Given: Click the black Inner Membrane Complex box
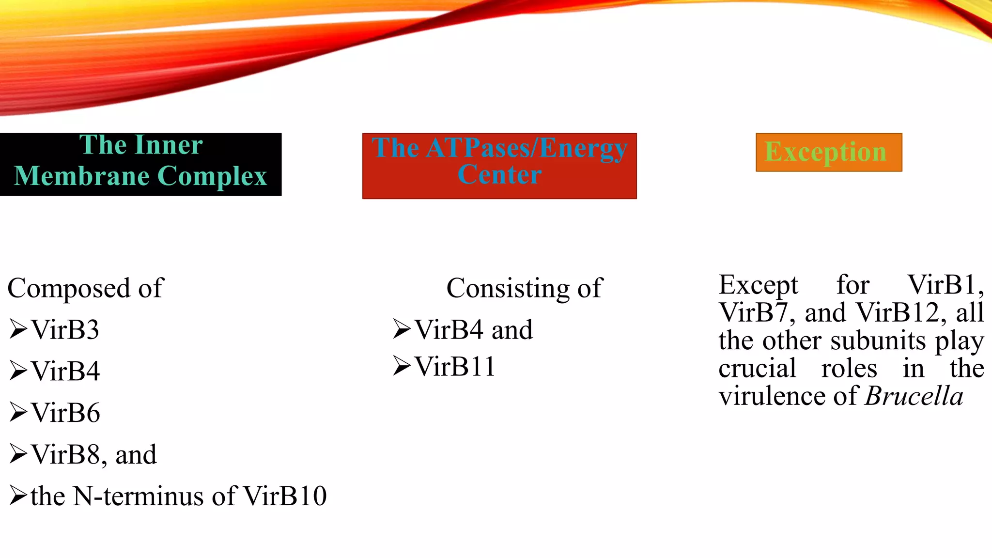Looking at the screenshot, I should click(140, 164).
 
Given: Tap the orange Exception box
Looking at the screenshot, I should click(829, 152).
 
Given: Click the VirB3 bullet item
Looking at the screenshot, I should click(65, 330).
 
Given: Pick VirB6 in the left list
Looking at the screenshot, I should click(65, 413).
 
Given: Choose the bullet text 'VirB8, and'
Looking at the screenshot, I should click(93, 455).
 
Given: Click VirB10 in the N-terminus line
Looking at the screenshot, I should click(285, 496).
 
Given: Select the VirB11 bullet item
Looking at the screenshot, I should click(455, 366).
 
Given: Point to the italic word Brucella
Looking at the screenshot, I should click(914, 396).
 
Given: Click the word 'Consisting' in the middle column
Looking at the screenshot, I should click(508, 289).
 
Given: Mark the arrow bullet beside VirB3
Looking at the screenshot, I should click(18, 329).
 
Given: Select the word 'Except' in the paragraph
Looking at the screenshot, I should click(758, 285).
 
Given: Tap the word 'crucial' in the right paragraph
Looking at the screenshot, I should click(757, 369).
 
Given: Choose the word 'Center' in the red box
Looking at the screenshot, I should click(499, 174).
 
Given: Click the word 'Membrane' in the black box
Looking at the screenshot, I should click(82, 176).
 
